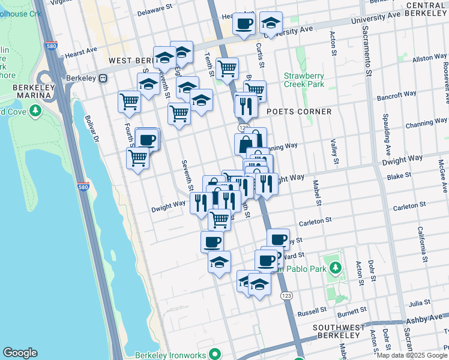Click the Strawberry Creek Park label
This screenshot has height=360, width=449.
click(x=304, y=80)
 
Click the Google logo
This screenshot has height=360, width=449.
click(x=20, y=353)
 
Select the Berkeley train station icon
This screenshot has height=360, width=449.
click(x=103, y=78)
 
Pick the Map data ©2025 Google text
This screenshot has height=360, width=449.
click(x=412, y=355)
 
